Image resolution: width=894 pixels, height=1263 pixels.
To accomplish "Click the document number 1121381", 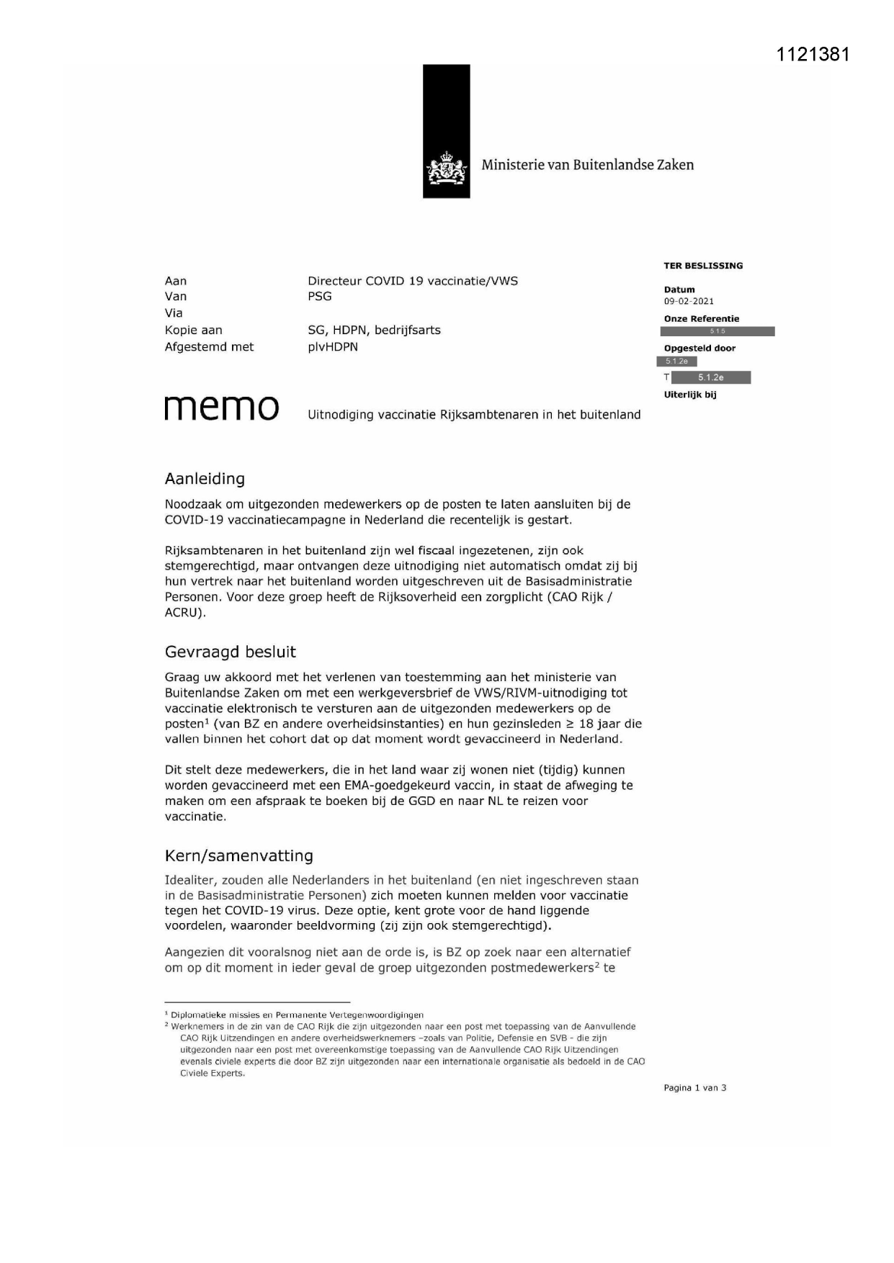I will tap(813, 55).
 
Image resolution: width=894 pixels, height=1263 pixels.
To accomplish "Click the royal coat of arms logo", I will tap(447, 170).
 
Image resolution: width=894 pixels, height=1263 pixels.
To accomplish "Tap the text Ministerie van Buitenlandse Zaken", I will tap(587, 165).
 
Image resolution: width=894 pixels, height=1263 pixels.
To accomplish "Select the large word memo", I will tap(222, 408).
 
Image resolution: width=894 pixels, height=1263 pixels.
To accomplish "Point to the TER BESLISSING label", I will tap(703, 266).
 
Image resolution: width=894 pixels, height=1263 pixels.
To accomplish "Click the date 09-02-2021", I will tap(689, 301).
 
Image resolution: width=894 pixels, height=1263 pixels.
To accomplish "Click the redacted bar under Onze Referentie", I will tap(718, 331).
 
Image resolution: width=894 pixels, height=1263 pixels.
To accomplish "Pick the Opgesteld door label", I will tap(699, 349).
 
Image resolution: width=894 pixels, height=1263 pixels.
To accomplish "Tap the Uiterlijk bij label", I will tap(690, 395).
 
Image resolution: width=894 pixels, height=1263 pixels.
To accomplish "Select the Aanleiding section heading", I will tap(205, 479).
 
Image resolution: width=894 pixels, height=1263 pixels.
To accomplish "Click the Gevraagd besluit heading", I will tap(231, 652).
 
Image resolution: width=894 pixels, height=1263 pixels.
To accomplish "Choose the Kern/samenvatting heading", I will tap(239, 855).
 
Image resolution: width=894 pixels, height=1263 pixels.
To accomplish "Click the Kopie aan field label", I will tap(194, 331).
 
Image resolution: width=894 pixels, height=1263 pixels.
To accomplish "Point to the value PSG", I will tap(320, 297).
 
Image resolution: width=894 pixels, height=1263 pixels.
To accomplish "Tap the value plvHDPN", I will tap(333, 347).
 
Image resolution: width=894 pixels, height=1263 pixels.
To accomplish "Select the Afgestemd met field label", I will tap(210, 347).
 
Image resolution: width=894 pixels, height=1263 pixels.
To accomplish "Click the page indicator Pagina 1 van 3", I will tap(695, 1088).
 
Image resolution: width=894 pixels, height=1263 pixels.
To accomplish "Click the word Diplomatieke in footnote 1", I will tap(198, 1015).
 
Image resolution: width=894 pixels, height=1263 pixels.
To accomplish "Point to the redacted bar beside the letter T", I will tap(710, 377).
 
